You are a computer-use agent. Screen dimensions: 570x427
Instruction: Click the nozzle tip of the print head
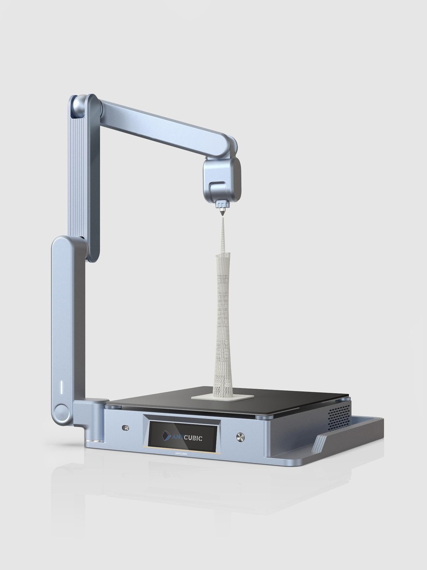(222, 214)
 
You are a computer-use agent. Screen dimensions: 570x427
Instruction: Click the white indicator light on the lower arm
(61, 386)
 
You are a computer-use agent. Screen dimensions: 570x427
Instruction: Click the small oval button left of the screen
(125, 427)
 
